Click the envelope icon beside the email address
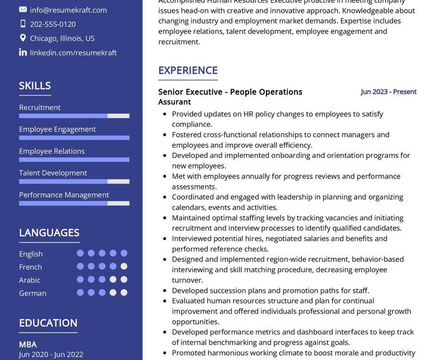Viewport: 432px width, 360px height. pyautogui.click(x=23, y=10)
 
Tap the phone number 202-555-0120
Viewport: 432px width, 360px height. pyautogui.click(x=53, y=24)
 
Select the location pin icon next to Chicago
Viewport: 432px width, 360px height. pyautogui.click(x=23, y=38)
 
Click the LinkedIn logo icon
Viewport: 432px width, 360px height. pyautogui.click(x=23, y=52)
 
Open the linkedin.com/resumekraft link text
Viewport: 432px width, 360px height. pyautogui.click(x=73, y=53)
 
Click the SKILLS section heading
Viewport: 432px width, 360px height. pyautogui.click(x=35, y=85)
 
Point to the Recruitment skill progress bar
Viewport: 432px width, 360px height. pyautogui.click(x=74, y=116)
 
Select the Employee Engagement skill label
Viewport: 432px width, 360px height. pyautogui.click(x=58, y=129)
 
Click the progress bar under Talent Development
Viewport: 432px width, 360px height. pyautogui.click(x=74, y=181)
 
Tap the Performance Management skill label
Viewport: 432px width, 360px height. pyautogui.click(x=64, y=195)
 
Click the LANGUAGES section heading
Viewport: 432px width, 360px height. pyautogui.click(x=49, y=233)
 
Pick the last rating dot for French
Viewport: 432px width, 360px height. pyautogui.click(x=124, y=266)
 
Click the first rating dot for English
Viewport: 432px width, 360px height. pyautogui.click(x=80, y=253)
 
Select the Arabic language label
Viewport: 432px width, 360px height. pyautogui.click(x=30, y=280)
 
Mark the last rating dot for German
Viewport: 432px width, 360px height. pyautogui.click(x=124, y=292)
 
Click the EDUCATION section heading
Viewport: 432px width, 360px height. pyautogui.click(x=48, y=323)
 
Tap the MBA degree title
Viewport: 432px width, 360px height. pyautogui.click(x=28, y=344)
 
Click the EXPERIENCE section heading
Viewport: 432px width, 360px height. pyautogui.click(x=188, y=70)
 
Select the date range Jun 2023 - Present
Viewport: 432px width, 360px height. pyautogui.click(x=389, y=92)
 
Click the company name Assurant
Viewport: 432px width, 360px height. pyautogui.click(x=175, y=102)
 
